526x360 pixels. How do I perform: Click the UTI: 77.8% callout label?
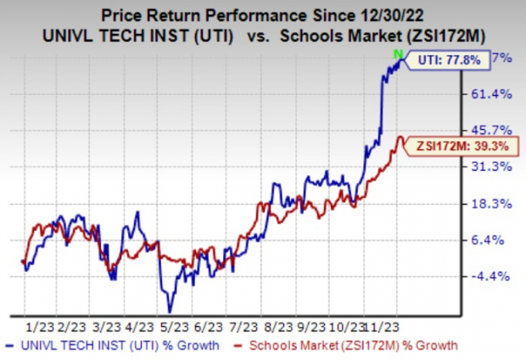coord(450,59)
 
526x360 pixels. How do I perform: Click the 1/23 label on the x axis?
coord(39,325)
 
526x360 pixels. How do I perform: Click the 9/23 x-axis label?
coord(317,325)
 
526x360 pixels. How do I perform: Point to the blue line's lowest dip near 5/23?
coord(171,310)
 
